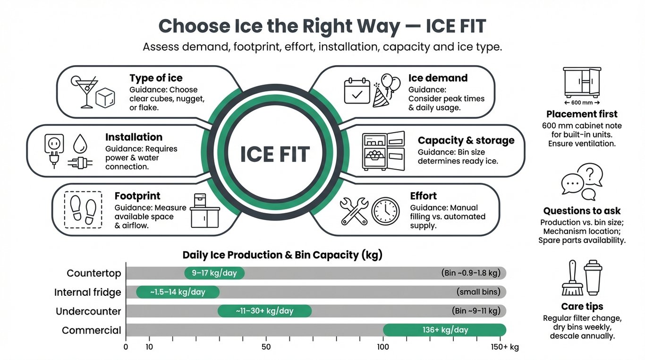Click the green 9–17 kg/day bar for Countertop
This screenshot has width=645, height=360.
(214, 273)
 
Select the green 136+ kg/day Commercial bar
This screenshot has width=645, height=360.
(444, 330)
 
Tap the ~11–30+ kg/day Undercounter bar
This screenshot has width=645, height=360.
(264, 311)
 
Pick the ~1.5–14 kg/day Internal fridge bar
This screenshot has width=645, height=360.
(178, 292)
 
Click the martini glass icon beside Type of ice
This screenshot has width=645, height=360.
(84, 91)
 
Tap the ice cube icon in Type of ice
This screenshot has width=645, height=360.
(105, 98)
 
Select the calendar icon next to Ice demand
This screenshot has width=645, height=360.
(357, 91)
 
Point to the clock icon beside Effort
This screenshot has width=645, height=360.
(385, 211)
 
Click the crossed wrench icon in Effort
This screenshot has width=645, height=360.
(354, 211)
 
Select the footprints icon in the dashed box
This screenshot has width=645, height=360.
(83, 210)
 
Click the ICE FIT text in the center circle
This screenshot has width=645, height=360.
(275, 154)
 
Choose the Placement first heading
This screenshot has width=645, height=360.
(582, 114)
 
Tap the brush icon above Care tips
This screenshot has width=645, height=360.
(572, 279)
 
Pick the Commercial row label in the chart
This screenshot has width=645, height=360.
(92, 330)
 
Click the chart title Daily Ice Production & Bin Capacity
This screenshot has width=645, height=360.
(282, 255)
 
